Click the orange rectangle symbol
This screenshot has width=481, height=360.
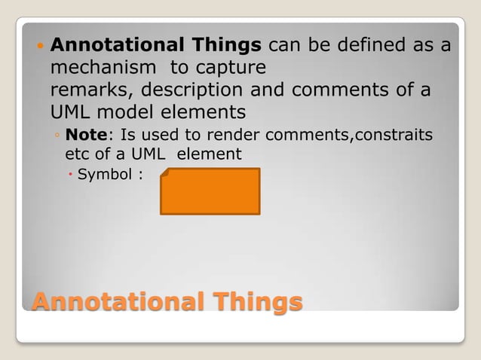coord(210,191)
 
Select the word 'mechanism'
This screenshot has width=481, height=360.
coord(105,68)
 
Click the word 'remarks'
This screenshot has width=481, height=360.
coord(81,90)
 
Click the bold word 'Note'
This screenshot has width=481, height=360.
coord(84,136)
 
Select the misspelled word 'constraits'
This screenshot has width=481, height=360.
coord(394,136)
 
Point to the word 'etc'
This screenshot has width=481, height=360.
coord(77,154)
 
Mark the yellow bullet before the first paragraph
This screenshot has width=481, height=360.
coord(41,47)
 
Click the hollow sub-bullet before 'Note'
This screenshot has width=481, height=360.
coord(58,136)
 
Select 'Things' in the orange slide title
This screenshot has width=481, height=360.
coord(255,302)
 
